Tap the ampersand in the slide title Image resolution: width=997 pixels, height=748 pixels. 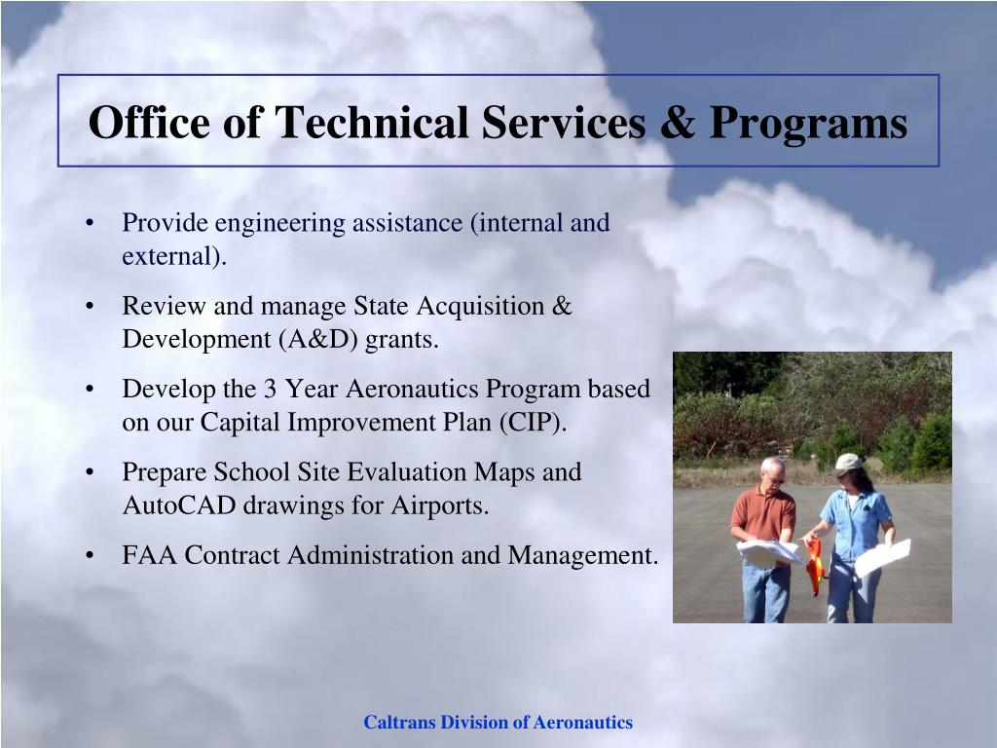pyautogui.click(x=677, y=122)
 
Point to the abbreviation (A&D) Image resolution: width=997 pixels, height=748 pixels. pyautogui.click(x=318, y=340)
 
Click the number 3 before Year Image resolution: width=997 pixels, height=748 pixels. pyautogui.click(x=270, y=389)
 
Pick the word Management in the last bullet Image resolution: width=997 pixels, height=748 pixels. pyautogui.click(x=582, y=556)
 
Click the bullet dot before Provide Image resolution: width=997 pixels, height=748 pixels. pyautogui.click(x=90, y=223)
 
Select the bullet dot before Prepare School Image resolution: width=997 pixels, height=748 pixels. pyautogui.click(x=90, y=472)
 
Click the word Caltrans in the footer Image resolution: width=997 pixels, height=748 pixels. pyautogui.click(x=400, y=723)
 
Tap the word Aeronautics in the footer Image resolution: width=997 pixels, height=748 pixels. pyautogui.click(x=582, y=723)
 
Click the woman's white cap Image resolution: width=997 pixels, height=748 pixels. pyautogui.click(x=847, y=463)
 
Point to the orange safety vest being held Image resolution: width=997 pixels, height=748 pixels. pyautogui.click(x=815, y=566)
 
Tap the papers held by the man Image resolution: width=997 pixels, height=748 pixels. pyautogui.click(x=767, y=552)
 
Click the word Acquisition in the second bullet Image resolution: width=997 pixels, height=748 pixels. pyautogui.click(x=480, y=307)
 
